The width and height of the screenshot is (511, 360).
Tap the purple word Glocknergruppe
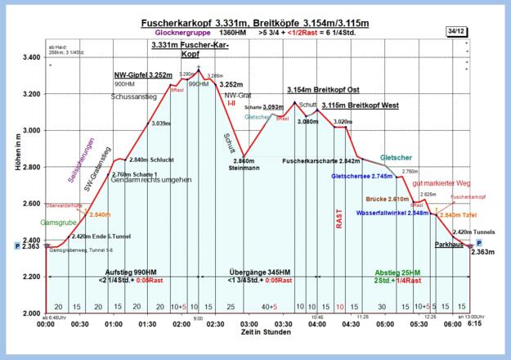click(185, 34)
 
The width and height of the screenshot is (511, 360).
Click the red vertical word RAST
click(338, 218)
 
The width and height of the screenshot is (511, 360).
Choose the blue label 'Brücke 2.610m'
click(387, 199)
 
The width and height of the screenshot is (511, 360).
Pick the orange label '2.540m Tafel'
click(458, 215)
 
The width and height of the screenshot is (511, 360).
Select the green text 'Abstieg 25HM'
click(397, 272)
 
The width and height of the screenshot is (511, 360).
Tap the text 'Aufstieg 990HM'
click(127, 272)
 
